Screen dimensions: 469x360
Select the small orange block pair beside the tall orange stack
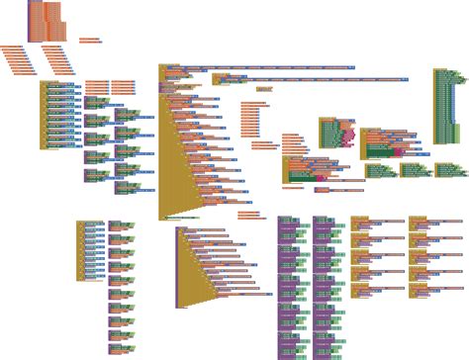point(89,41)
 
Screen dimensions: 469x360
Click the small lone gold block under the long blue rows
point(264,89)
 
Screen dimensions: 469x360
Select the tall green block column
point(442,104)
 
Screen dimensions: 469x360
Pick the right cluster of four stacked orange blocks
point(124,85)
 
